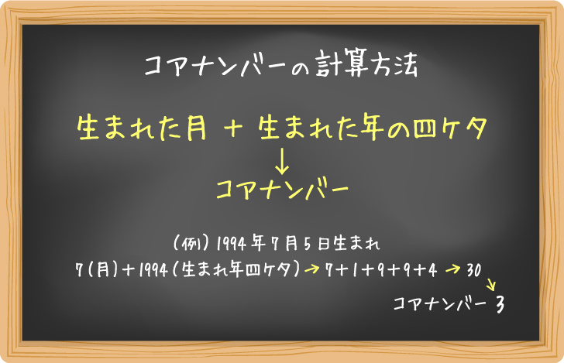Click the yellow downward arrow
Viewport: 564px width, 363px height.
(282, 159)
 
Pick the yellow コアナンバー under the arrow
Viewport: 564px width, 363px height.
(281, 189)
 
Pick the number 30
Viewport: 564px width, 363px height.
(475, 269)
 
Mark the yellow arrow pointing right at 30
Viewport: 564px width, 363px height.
(454, 269)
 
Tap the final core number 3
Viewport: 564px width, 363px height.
(500, 304)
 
